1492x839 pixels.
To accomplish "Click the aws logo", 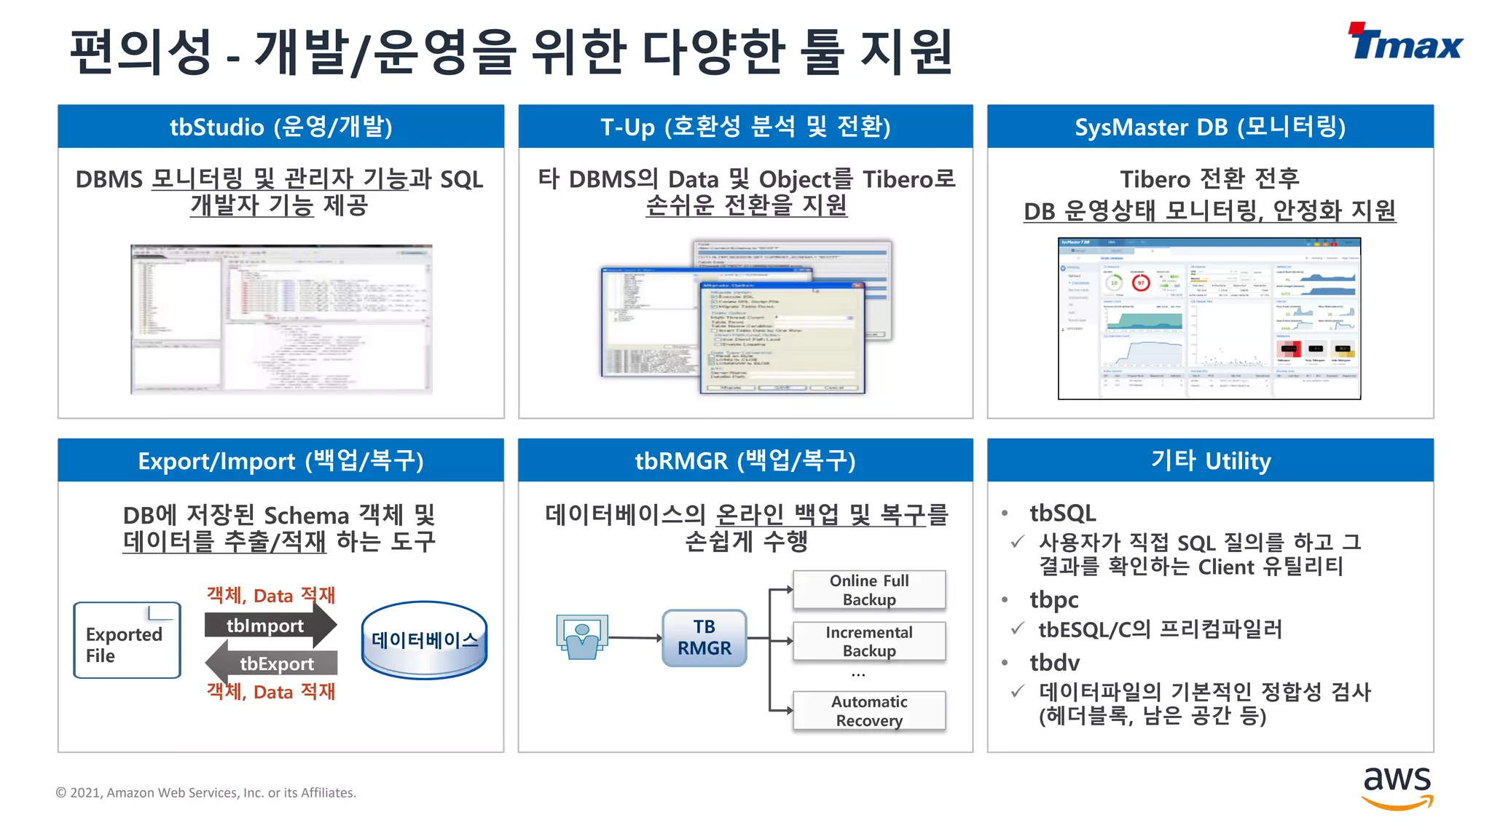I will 1397,787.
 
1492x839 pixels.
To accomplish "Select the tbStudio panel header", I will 280,127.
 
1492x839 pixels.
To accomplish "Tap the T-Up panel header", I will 745,127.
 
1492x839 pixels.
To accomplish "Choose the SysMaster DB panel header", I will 1210,127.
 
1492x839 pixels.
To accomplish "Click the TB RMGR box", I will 704,638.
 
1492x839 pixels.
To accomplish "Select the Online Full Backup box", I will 868,590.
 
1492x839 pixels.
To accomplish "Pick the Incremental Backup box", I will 868,641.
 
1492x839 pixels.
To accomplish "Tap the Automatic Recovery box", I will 868,711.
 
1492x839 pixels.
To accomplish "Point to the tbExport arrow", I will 272,663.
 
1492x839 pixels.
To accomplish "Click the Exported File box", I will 127,641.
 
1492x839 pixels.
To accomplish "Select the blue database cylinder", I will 424,641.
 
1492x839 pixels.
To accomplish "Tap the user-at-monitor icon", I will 581,637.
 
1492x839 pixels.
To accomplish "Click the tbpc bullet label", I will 1053,600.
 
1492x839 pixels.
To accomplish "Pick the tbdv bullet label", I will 1054,663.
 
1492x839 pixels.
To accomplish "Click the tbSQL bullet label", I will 1062,513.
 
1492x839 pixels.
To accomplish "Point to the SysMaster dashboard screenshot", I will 1209,318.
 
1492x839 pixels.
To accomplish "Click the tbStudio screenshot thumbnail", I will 281,319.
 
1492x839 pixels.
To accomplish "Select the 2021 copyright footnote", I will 206,792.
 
